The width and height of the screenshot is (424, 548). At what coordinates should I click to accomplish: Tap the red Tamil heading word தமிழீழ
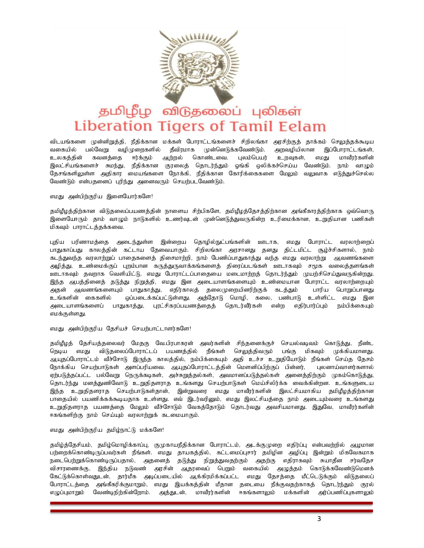point(125,112)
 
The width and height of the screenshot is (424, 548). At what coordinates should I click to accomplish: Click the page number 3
point(319,519)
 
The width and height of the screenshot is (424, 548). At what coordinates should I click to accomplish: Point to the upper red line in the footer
point(212,503)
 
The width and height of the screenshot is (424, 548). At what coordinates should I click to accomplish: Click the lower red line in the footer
point(212,511)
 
